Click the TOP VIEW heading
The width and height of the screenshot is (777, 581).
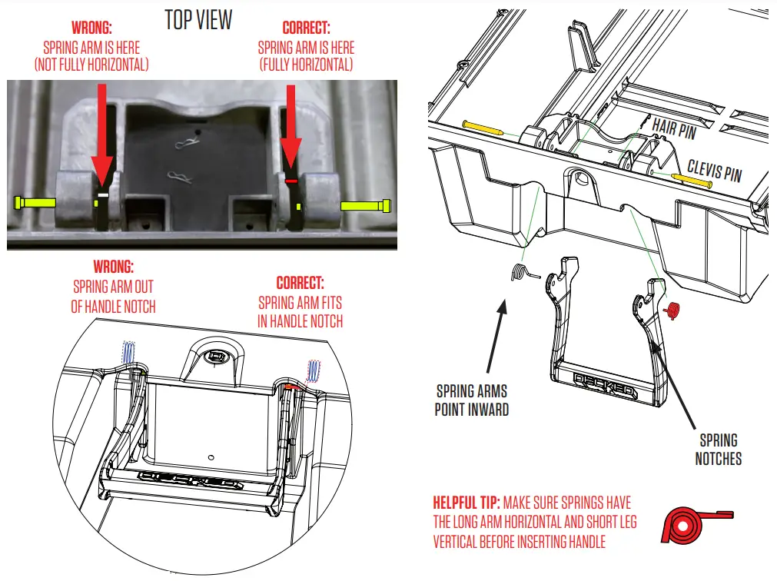pos(198,19)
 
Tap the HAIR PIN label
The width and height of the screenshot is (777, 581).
pos(674,128)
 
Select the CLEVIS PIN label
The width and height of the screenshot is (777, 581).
pos(714,171)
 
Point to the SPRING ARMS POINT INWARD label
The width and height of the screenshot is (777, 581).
pos(472,399)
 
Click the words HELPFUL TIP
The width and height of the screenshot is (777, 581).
pos(466,503)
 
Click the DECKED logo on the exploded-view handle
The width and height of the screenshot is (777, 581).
pos(605,387)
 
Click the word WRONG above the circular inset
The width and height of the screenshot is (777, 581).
pos(113,267)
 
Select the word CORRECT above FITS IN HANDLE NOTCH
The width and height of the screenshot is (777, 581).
pos(300,282)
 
